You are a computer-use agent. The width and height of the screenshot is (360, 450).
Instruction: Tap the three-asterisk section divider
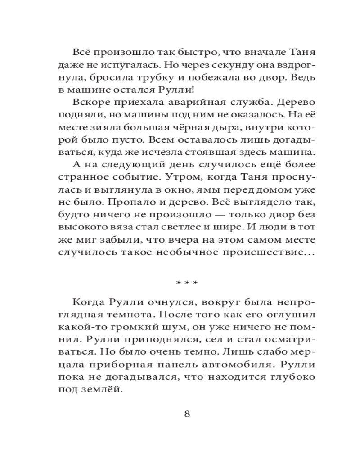187,283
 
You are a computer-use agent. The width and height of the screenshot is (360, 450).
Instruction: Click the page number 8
187,414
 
